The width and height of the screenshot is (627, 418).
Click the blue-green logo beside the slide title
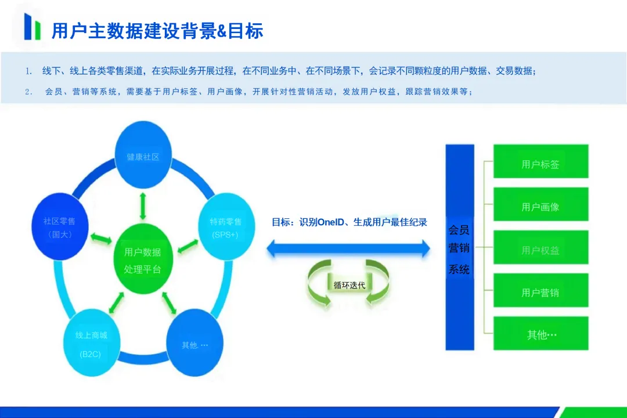click(33, 27)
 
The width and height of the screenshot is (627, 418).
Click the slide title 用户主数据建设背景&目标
click(157, 30)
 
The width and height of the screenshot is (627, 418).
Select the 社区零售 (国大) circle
click(59, 228)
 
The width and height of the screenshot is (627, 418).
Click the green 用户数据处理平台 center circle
click(143, 260)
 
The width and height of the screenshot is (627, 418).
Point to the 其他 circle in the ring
click(195, 344)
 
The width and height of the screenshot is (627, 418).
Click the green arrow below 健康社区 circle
click(143, 205)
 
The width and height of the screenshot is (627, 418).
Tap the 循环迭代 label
click(349, 285)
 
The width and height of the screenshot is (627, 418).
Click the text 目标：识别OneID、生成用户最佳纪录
click(349, 222)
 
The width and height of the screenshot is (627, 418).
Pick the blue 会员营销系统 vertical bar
click(459, 247)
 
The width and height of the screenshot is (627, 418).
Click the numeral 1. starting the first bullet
click(28, 71)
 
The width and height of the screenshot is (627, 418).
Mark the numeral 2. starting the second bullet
click(28, 92)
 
